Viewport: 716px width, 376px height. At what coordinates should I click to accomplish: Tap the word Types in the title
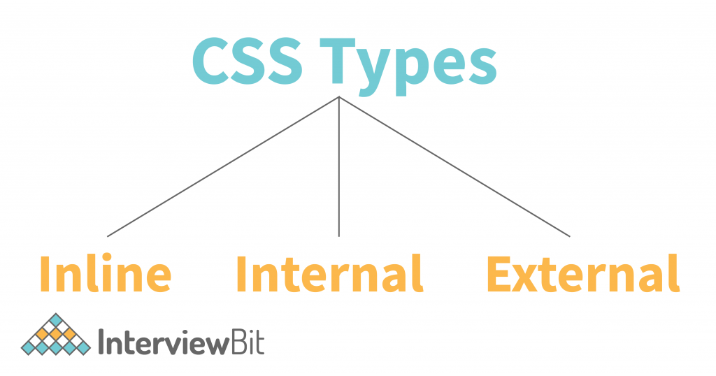click(408, 68)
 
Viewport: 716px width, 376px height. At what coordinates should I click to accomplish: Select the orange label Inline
click(106, 273)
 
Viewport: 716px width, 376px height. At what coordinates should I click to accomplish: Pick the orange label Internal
click(330, 273)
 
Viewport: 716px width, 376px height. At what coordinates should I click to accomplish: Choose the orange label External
click(584, 273)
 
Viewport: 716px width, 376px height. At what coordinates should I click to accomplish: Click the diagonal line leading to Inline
click(223, 166)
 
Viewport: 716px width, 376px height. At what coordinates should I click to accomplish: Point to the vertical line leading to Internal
click(339, 166)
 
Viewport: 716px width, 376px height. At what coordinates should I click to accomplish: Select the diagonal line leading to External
click(454, 166)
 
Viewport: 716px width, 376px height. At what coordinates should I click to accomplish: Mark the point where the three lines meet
click(339, 96)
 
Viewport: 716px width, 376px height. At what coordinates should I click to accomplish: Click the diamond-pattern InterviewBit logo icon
click(56, 335)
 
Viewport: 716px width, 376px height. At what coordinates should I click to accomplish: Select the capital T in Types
click(337, 61)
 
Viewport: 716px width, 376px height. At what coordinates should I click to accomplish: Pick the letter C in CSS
click(210, 61)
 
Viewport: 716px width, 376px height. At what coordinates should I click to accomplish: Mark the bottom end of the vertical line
click(339, 237)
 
